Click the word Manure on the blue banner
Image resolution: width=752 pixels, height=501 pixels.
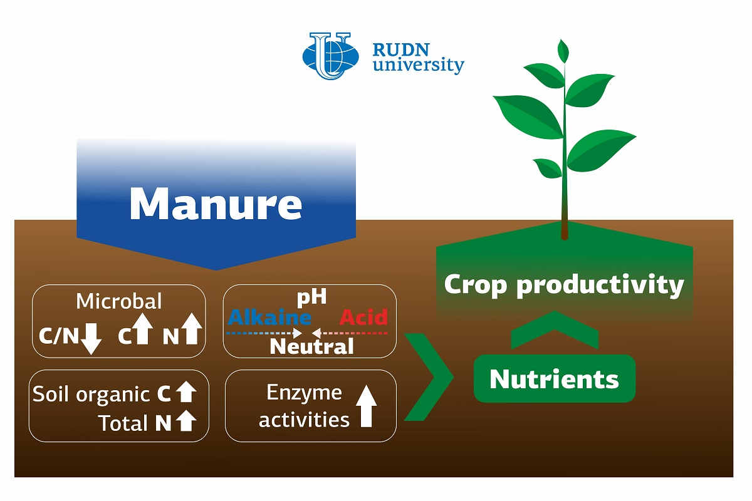tap(216, 204)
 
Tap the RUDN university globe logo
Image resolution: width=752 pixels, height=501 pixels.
tap(330, 56)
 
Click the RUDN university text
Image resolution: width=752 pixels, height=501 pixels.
tap(419, 58)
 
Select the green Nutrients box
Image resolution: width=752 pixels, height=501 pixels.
tap(554, 378)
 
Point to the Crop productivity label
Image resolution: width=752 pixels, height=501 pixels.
tap(564, 285)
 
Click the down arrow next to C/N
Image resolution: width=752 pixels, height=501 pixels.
tap(91, 339)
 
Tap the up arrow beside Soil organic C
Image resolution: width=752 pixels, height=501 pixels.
tap(186, 392)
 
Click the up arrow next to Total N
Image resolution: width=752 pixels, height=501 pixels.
tap(186, 421)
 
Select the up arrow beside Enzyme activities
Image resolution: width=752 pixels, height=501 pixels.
tap(366, 406)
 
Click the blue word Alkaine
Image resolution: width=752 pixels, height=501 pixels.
tap(269, 317)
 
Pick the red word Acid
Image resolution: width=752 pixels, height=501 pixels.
tap(363, 317)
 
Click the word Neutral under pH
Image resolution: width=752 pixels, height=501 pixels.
tap(311, 346)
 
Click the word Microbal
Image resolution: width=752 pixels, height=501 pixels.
tap(119, 301)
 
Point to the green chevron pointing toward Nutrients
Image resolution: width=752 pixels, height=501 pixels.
tap(429, 377)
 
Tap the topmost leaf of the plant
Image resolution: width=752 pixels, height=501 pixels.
tap(563, 51)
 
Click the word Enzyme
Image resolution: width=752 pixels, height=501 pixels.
tap(304, 393)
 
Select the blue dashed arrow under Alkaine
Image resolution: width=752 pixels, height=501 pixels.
tap(264, 333)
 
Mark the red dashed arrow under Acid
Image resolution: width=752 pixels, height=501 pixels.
tap(350, 333)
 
